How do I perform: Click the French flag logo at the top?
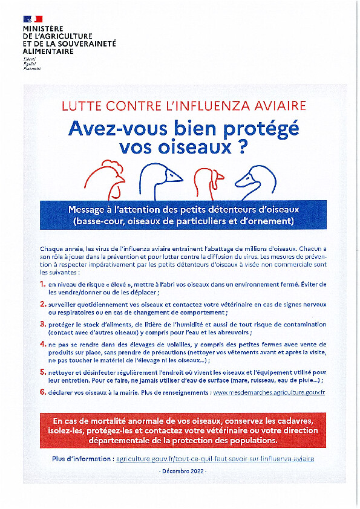(33, 19)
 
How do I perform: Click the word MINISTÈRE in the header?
(43, 28)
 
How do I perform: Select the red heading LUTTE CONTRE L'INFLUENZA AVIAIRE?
(183, 106)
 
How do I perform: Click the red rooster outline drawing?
(105, 180)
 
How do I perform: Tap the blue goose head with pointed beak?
(161, 181)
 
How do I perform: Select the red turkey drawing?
(209, 183)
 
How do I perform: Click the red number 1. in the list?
(43, 284)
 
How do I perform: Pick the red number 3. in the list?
(43, 324)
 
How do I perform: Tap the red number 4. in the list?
(43, 344)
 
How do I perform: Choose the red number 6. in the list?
(43, 392)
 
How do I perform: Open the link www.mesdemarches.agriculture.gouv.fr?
(269, 392)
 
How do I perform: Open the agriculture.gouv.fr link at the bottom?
(215, 459)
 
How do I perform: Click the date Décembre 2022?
(184, 471)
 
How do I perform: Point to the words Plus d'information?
(81, 459)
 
